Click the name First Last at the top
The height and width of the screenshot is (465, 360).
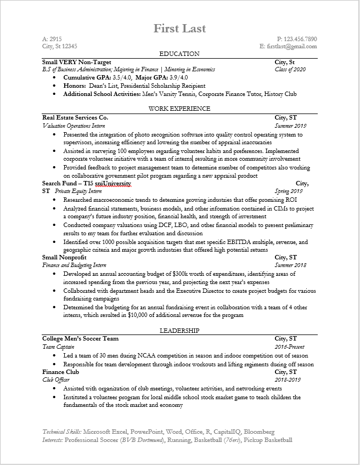click(x=179, y=28)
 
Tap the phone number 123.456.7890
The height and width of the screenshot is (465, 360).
click(x=301, y=39)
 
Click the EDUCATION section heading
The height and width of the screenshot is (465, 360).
click(x=179, y=54)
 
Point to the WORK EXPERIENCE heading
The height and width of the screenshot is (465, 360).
click(x=179, y=109)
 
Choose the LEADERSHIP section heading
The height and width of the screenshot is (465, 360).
click(x=179, y=330)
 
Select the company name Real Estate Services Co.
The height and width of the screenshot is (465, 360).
click(x=75, y=117)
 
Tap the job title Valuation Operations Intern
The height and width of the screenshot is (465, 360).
click(x=74, y=126)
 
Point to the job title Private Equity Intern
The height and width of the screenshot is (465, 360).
click(x=78, y=191)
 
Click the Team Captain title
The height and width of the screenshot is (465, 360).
click(x=58, y=347)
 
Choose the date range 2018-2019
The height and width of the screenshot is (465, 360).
click(x=288, y=380)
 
